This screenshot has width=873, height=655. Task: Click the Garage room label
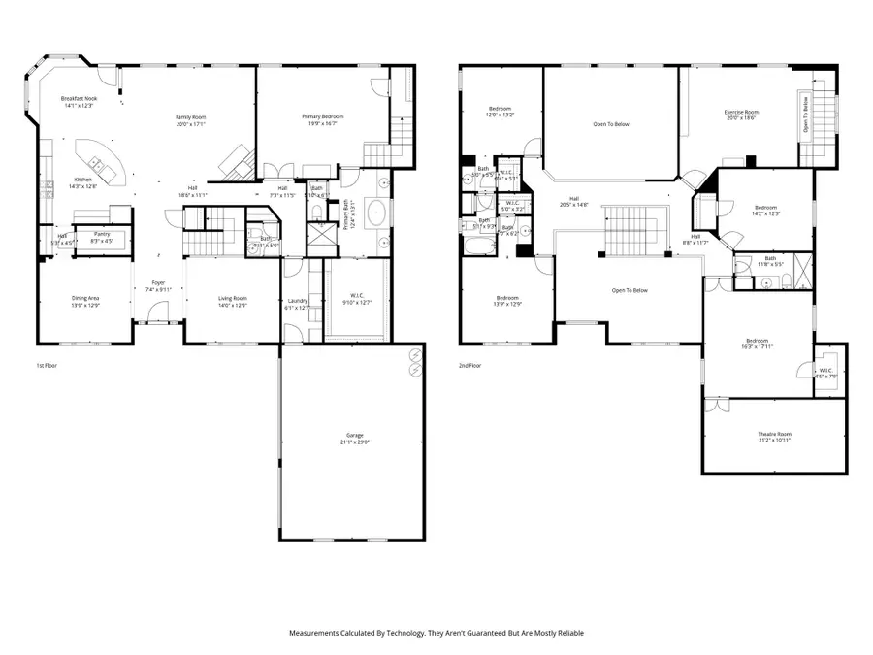pyautogui.click(x=352, y=438)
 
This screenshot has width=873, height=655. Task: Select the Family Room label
pyautogui.click(x=191, y=119)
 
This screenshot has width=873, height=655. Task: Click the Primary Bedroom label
pyautogui.click(x=325, y=119)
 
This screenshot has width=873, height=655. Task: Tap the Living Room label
pyautogui.click(x=232, y=301)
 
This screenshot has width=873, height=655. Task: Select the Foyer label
pyautogui.click(x=157, y=285)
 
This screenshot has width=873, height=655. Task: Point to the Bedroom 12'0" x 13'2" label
pyautogui.click(x=501, y=111)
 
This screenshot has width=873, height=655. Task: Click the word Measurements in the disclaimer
pyautogui.click(x=317, y=633)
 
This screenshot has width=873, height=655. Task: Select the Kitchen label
pyautogui.click(x=82, y=182)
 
